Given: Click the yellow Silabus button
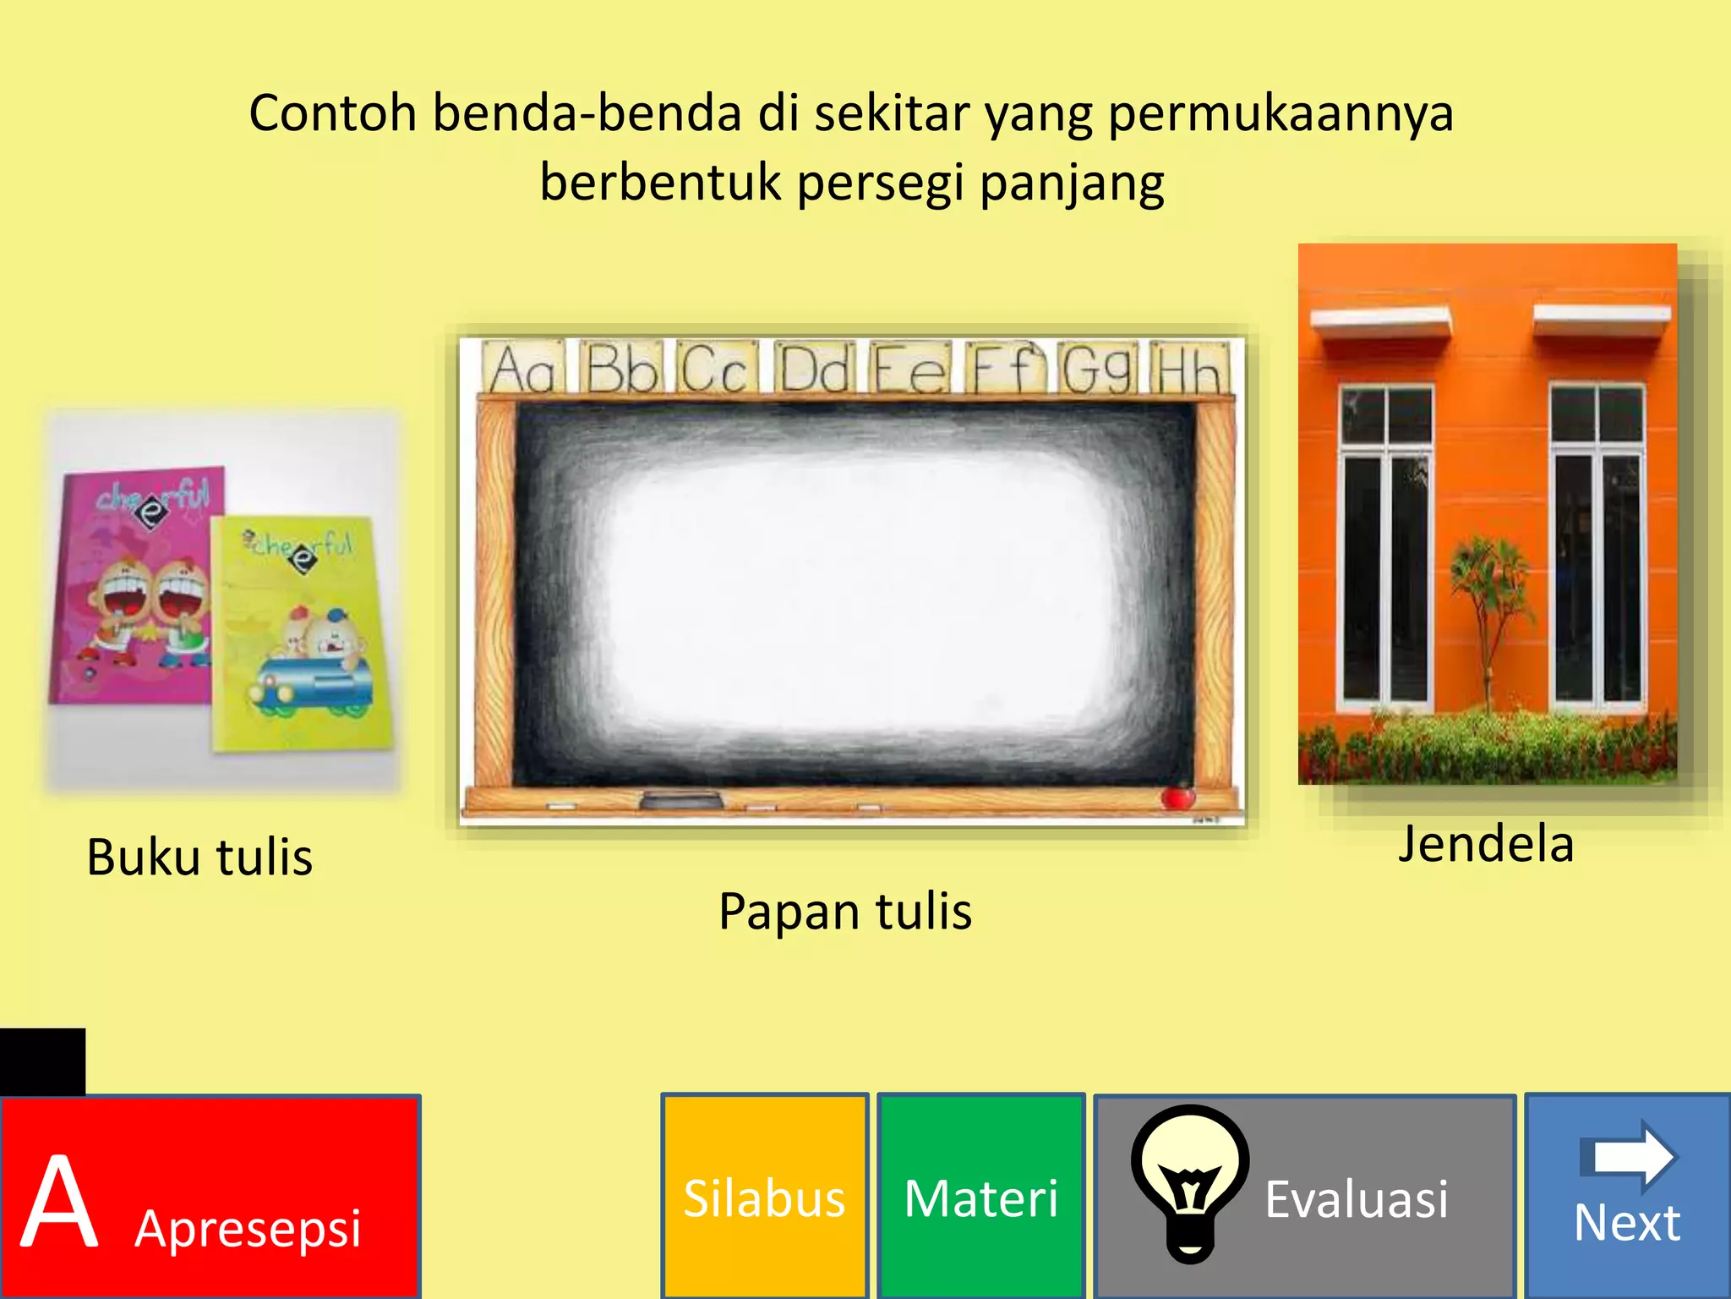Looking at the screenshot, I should pyautogui.click(x=764, y=1196).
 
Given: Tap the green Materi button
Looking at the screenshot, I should pyautogui.click(x=980, y=1196).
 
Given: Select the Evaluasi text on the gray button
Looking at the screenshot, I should pyautogui.click(x=1356, y=1199).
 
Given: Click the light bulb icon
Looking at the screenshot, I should pyautogui.click(x=1190, y=1181).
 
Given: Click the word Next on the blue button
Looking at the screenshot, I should pyautogui.click(x=1626, y=1223).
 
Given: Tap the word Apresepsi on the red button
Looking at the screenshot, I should pyautogui.click(x=248, y=1228).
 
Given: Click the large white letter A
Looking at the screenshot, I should pyautogui.click(x=59, y=1201).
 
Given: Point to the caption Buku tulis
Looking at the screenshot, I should pyautogui.click(x=199, y=858).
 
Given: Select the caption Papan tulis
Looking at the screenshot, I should pyautogui.click(x=845, y=912).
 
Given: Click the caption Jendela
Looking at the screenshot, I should pyautogui.click(x=1486, y=844).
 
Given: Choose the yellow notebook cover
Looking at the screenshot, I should pyautogui.click(x=300, y=634).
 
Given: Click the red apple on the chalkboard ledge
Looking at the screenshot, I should pyautogui.click(x=1177, y=796).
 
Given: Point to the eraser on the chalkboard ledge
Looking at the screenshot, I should pyautogui.click(x=681, y=798).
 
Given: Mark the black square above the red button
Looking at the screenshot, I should pyautogui.click(x=42, y=1061).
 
